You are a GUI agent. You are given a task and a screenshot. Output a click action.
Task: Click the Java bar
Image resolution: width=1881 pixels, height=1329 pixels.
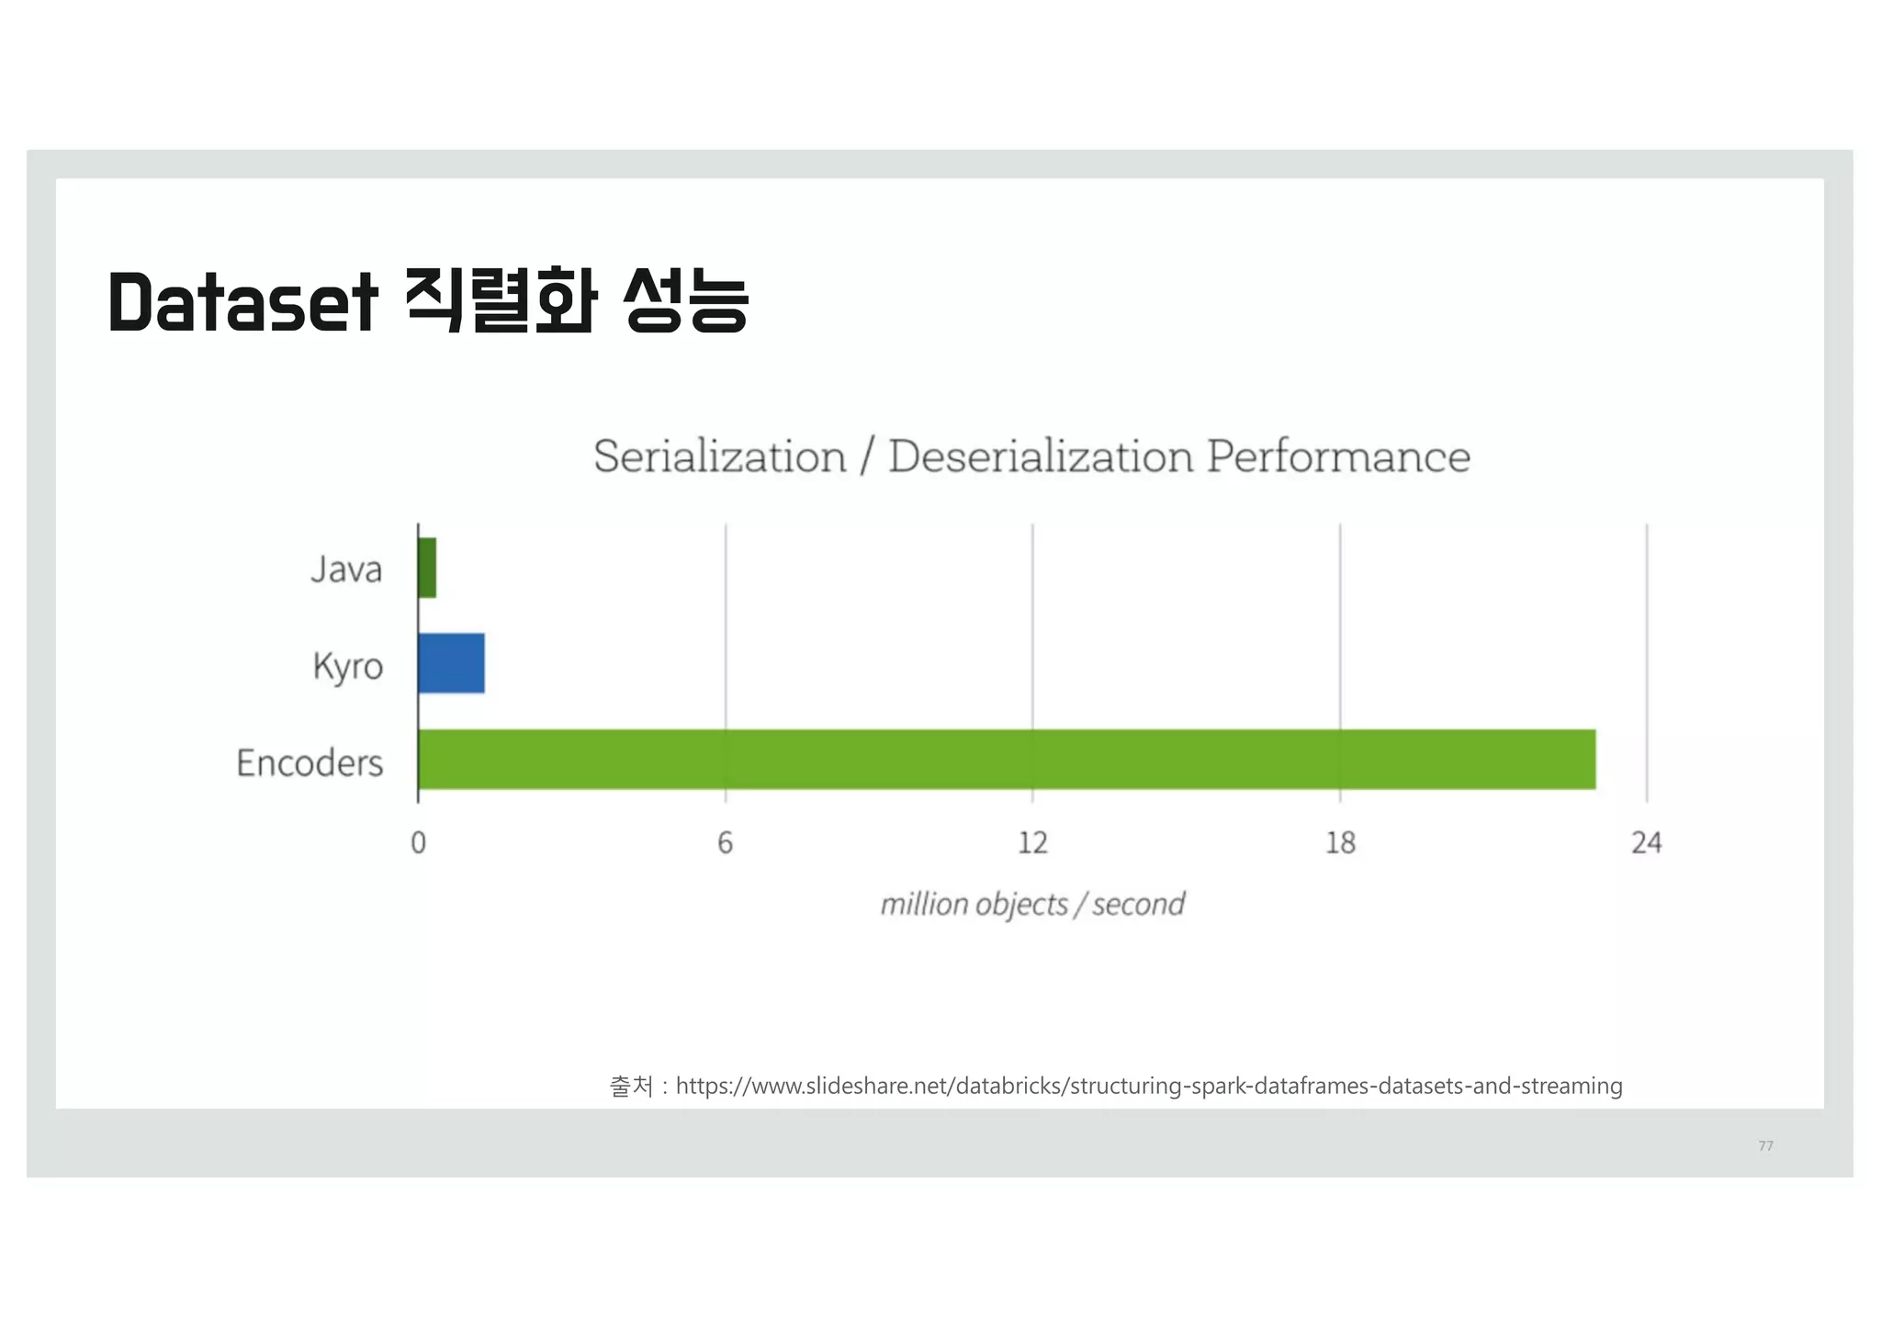[427, 568]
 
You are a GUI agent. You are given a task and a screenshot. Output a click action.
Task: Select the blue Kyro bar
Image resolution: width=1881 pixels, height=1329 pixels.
[451, 663]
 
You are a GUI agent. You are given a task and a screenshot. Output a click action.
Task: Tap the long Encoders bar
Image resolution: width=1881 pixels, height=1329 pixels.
[1007, 760]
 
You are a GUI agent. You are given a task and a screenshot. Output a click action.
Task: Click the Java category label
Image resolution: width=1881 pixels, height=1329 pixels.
[346, 569]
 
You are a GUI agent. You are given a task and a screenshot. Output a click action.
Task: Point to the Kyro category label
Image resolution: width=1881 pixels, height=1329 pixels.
[347, 666]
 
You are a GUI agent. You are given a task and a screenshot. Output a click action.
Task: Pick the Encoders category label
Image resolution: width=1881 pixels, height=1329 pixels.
[310, 763]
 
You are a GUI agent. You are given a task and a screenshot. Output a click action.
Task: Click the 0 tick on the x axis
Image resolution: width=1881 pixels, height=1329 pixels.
[418, 842]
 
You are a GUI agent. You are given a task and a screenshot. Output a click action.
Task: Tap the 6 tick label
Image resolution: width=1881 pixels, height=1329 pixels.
[726, 842]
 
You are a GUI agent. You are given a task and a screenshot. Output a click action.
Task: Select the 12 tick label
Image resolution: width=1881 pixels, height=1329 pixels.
[1032, 842]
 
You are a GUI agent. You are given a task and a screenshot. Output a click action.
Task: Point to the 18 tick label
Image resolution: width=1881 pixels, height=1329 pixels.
[1340, 842]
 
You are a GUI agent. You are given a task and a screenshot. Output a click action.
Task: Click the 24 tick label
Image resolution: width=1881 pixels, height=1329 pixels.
[1647, 842]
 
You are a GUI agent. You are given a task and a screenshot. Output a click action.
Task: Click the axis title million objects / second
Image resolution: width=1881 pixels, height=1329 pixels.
[1032, 905]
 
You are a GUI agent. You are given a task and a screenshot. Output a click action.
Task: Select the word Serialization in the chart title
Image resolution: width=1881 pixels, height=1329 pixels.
[720, 456]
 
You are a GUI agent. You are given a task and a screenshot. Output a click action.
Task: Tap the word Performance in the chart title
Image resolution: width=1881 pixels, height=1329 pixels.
[1338, 456]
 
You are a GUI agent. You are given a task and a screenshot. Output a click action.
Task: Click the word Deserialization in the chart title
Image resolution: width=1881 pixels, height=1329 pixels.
[1042, 456]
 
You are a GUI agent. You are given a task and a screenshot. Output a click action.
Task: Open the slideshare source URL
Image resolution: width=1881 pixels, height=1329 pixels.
[1149, 1087]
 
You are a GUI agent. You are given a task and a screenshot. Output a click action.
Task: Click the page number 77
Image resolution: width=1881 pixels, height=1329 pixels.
[1765, 1145]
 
